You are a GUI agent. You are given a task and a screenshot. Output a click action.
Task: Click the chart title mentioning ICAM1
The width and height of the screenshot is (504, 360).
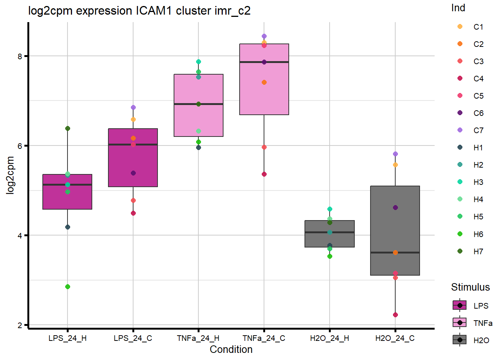click(139, 10)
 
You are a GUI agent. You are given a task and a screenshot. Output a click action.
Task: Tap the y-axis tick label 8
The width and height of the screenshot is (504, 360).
click(20, 56)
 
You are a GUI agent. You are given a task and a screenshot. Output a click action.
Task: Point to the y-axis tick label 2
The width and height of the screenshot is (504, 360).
click(20, 325)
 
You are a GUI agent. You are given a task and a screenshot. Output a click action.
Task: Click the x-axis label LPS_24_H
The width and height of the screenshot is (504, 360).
click(67, 338)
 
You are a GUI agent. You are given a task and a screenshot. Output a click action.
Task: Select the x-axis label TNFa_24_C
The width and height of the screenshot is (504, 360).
click(264, 338)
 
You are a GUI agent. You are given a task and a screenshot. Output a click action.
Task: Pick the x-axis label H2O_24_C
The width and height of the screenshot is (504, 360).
click(395, 338)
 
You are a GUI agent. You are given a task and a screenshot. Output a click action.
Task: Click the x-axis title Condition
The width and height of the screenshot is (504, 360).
click(231, 349)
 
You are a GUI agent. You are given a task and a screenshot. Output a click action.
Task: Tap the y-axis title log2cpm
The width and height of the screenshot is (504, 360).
click(10, 175)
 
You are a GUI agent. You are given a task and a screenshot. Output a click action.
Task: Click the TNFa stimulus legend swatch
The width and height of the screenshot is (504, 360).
click(460, 322)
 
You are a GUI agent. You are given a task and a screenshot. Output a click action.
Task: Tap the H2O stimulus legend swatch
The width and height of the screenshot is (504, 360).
click(460, 340)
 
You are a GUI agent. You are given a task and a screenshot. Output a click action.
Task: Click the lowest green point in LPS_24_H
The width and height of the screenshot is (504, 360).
click(67, 287)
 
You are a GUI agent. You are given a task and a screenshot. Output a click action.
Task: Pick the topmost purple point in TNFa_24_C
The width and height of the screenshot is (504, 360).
click(264, 36)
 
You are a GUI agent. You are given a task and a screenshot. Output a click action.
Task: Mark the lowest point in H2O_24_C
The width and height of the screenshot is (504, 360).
click(395, 315)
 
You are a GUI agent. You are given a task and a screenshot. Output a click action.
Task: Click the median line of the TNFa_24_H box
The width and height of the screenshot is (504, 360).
click(198, 104)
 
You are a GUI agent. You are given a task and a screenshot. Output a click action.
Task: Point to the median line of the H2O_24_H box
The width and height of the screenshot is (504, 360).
click(330, 232)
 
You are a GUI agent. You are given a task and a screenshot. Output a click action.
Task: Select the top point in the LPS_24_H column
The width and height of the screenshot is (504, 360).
click(67, 129)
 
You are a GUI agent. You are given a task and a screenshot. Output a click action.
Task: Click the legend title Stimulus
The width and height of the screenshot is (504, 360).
click(470, 287)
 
